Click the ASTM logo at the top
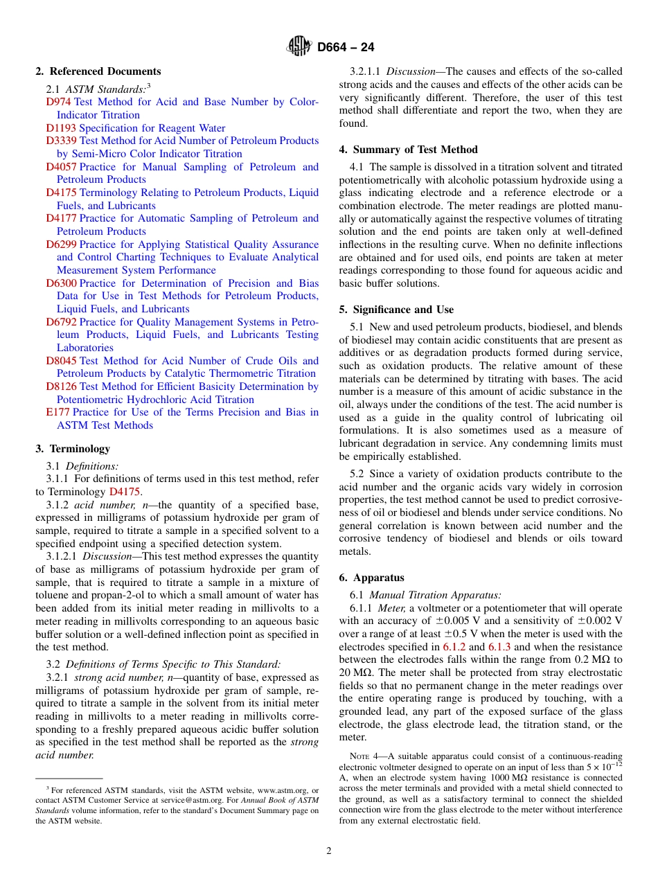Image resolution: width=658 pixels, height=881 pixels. coord(299,47)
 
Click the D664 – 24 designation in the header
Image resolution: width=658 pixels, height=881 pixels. coord(346,47)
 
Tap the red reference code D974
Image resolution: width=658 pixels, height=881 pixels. coord(58,102)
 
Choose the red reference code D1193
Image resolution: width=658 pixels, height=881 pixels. coord(61,128)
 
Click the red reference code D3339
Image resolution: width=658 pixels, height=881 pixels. coord(61,141)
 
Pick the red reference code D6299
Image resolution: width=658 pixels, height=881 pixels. coord(61,244)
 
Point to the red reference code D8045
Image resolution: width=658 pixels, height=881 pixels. coord(61,361)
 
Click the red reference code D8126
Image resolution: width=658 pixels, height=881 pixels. coord(61,386)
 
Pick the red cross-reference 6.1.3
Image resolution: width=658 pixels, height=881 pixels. coord(499,647)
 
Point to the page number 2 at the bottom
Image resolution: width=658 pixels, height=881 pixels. coord(329,851)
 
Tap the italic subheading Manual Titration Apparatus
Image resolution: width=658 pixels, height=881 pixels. coord(436,595)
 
